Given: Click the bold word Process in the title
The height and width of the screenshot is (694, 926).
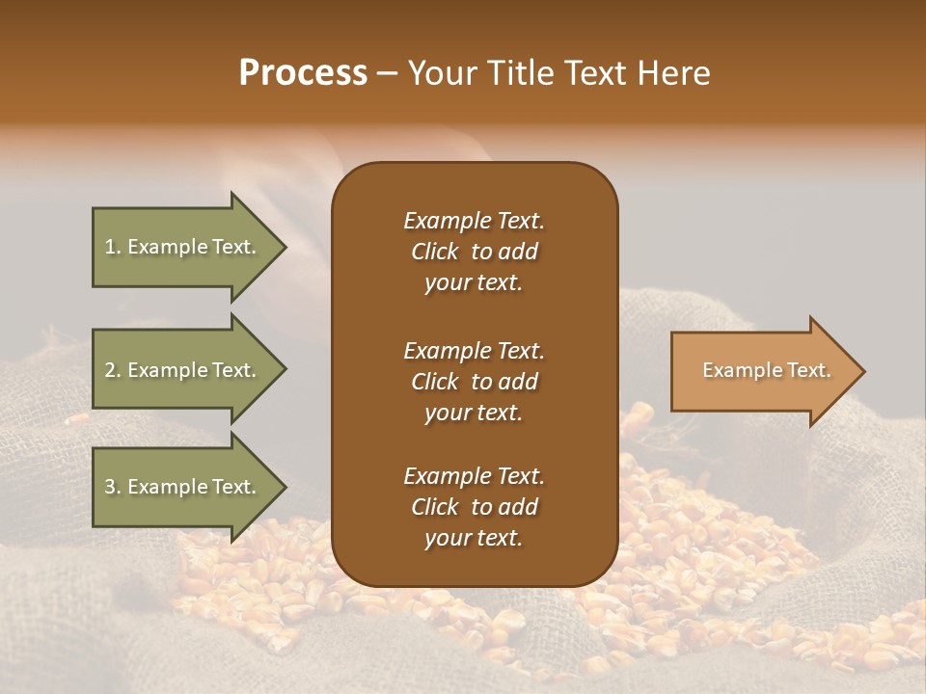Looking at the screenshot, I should pyautogui.click(x=303, y=73).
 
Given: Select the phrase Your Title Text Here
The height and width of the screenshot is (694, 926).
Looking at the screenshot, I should pyautogui.click(x=559, y=73).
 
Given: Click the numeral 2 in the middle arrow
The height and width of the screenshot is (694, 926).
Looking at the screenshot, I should pyautogui.click(x=109, y=370).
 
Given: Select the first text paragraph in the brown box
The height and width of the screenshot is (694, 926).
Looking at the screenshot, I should pyautogui.click(x=474, y=252).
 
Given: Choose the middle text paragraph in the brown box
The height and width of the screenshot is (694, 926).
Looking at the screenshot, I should pyautogui.click(x=474, y=382).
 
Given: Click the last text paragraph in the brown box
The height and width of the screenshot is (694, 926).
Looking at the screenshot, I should pyautogui.click(x=474, y=507).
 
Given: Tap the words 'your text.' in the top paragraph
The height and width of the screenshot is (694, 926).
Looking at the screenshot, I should pyautogui.click(x=474, y=283).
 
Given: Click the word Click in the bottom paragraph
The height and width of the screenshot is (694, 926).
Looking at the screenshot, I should pyautogui.click(x=434, y=507).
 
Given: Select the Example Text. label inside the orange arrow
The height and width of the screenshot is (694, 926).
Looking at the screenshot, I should pyautogui.click(x=766, y=370).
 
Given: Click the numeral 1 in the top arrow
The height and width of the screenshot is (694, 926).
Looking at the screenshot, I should pyautogui.click(x=109, y=247).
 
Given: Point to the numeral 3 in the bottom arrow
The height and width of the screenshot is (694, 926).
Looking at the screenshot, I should pyautogui.click(x=109, y=487).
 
